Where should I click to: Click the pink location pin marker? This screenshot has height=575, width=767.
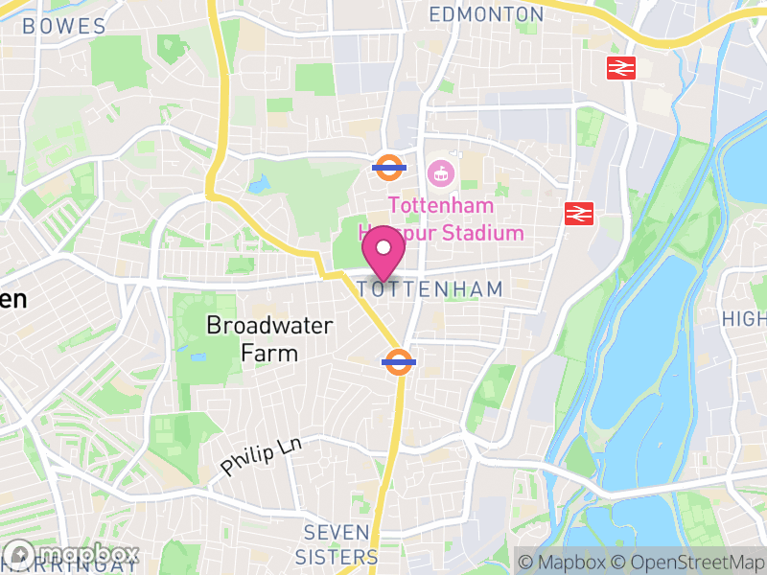(383, 251)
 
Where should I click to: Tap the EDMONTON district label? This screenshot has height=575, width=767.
(486, 14)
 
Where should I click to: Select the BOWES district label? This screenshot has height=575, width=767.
(63, 26)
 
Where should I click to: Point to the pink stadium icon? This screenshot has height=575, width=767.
(440, 172)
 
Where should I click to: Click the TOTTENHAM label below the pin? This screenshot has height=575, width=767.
(429, 288)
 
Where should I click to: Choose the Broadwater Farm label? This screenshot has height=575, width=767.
(269, 339)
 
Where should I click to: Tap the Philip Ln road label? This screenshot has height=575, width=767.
(260, 457)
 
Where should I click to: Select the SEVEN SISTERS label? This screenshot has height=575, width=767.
(337, 544)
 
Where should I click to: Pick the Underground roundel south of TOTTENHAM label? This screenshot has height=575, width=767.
(398, 361)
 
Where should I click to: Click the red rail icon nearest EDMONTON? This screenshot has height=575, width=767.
(621, 67)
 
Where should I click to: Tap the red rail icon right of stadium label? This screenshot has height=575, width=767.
(580, 213)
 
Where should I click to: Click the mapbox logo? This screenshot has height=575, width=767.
(73, 554)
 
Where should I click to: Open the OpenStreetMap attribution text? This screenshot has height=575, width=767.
(689, 562)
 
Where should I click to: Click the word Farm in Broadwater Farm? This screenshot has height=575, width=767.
(268, 353)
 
